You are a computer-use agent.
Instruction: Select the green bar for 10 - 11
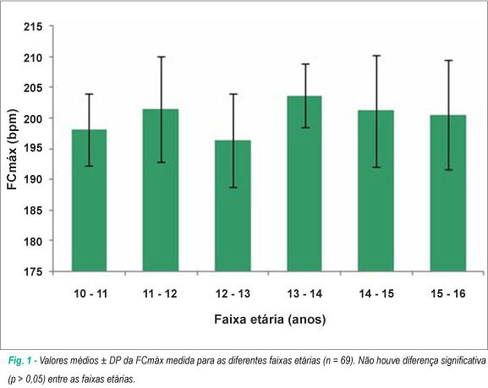pos(90,200)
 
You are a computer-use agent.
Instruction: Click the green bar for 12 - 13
pos(233,205)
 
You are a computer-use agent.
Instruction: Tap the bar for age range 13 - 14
pos(304,183)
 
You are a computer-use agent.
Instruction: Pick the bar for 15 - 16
pos(448,194)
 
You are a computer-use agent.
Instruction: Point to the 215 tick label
pos(33,27)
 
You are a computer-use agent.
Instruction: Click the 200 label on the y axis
pos(33,118)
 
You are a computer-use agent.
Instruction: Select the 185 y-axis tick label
pos(33,210)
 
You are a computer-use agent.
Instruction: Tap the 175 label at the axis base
pos(33,272)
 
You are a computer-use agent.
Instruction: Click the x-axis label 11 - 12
pos(160,293)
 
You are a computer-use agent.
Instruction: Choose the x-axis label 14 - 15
pos(376,293)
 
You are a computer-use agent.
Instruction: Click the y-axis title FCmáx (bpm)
pos(13,150)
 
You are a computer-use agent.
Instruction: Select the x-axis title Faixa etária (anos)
pos(270,320)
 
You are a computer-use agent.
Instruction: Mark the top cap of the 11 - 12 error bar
pos(162,57)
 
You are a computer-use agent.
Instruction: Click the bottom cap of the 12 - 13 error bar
pos(233,188)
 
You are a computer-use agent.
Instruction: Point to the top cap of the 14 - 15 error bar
pos(376,56)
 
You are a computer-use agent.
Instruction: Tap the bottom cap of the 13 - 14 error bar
pos(305,128)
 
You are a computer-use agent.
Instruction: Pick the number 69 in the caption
pos(344,361)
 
